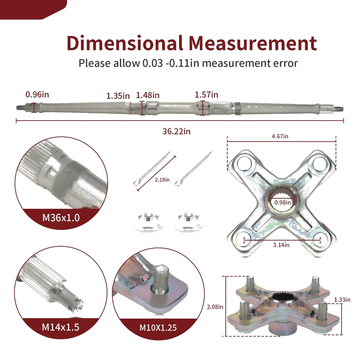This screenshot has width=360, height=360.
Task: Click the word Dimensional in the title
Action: point(125,43)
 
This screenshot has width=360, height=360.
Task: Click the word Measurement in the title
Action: point(253,43)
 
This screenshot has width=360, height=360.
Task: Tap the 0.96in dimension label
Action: point(37,94)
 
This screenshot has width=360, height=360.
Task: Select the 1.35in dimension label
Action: point(118,95)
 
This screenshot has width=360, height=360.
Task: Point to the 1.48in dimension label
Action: point(148,95)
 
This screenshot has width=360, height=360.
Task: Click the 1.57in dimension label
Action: point(207,94)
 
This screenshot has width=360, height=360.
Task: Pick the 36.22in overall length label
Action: point(176,131)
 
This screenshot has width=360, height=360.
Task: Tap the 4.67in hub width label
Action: point(280,136)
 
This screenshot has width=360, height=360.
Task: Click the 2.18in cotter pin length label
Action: point(162,180)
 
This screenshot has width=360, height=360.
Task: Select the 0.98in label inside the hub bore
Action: point(283,202)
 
